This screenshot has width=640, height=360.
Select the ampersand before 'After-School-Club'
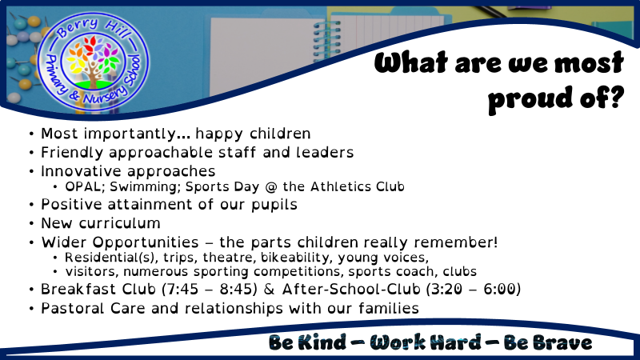point(270,289)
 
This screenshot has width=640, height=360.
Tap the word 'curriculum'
point(119,223)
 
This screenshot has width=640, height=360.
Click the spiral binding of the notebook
point(326,41)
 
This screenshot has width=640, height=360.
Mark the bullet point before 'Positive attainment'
point(31,205)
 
